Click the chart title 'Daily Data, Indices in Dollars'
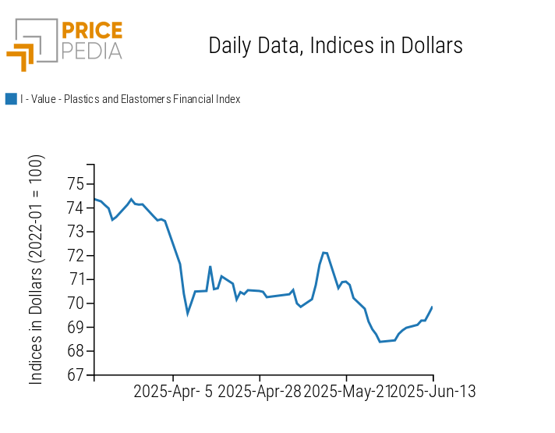[335, 46]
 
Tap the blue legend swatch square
[11, 99]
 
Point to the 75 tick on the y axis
[76, 184]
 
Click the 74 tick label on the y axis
[76, 208]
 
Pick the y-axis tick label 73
[76, 232]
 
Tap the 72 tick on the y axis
[76, 256]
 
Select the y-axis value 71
[76, 279]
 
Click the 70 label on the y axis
[76, 303]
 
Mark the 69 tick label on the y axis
[76, 327]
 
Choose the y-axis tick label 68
[76, 351]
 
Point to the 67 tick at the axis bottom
[76, 374]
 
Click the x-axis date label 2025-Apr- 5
[173, 392]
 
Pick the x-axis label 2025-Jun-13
[432, 392]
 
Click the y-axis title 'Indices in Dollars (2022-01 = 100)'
[37, 269]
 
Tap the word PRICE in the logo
[91, 31]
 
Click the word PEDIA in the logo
[91, 51]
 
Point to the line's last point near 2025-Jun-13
[432, 307]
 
